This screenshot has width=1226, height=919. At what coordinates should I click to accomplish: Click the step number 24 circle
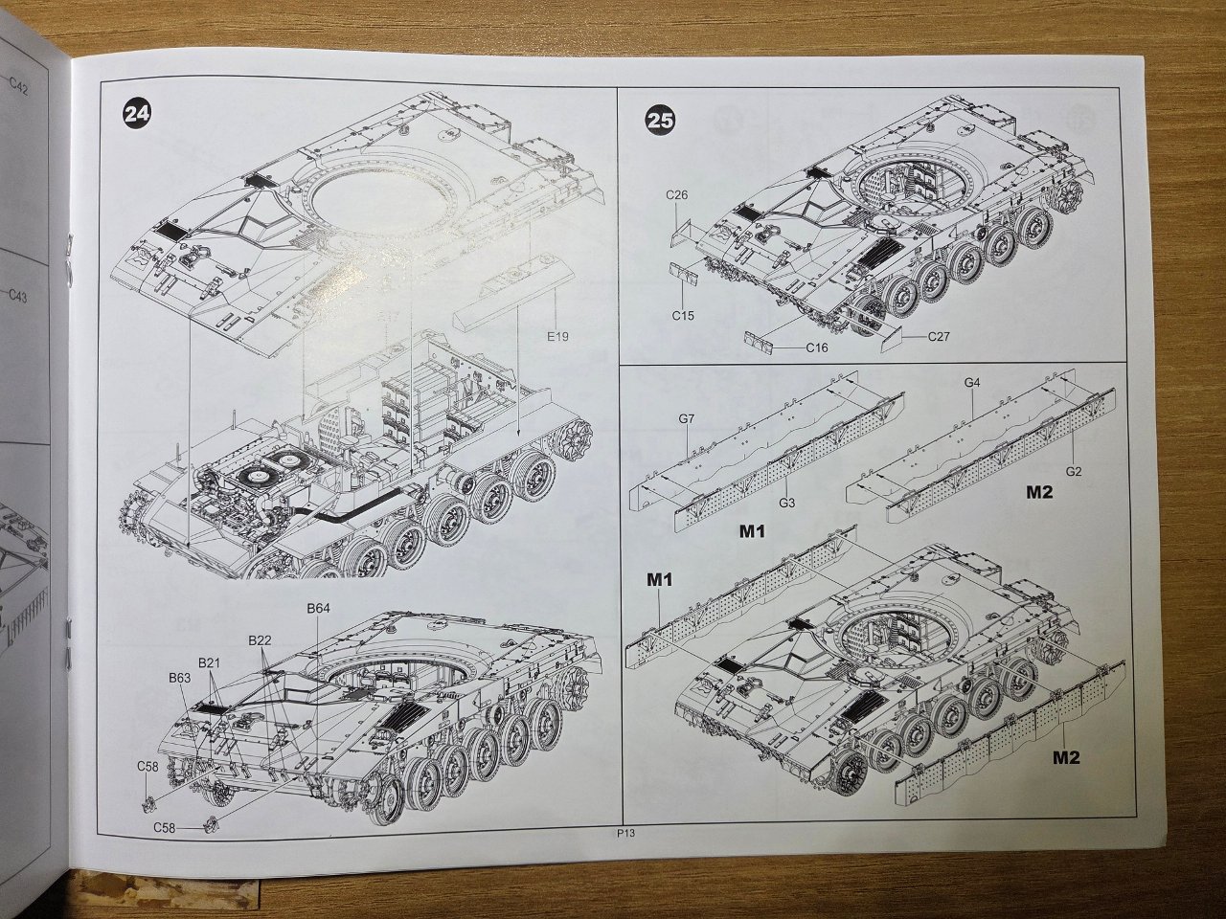point(137,114)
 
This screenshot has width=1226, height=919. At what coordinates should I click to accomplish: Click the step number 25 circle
point(659,121)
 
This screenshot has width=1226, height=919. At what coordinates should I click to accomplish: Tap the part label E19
point(557,336)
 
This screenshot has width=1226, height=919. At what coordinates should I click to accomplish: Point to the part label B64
point(318,608)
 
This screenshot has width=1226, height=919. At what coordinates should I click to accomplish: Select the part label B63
point(180,678)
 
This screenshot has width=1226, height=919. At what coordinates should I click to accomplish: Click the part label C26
point(676,195)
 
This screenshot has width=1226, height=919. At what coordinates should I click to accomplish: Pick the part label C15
point(683,316)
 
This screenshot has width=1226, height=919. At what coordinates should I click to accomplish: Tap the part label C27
point(939,336)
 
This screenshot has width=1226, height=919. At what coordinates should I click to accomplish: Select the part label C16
point(817,348)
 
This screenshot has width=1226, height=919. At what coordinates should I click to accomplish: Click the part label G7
point(687,418)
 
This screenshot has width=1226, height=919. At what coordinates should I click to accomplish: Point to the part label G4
point(972,383)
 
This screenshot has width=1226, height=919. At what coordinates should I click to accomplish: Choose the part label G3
point(786,504)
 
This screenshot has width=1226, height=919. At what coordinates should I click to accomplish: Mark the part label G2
point(1074,472)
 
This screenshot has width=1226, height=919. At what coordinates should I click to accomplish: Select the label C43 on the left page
point(17,295)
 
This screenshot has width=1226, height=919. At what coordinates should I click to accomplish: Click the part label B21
point(210,662)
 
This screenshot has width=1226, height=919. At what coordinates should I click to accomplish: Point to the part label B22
point(260,640)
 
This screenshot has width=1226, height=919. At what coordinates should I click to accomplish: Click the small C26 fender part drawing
point(683,234)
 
